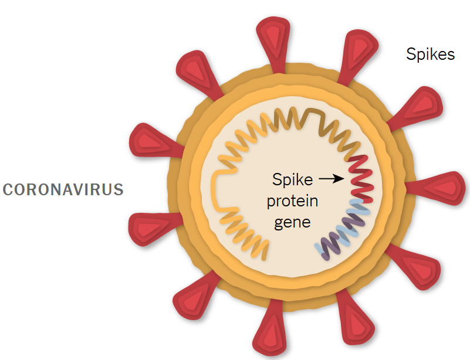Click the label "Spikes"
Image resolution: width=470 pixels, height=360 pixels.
pos(430,55)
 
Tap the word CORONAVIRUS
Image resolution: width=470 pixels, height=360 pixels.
pos(63,189)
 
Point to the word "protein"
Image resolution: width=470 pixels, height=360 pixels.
pos(292,201)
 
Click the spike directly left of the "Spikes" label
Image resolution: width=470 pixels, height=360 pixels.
pos(359,49)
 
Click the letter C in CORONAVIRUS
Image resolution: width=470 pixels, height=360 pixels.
pos(9,189)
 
